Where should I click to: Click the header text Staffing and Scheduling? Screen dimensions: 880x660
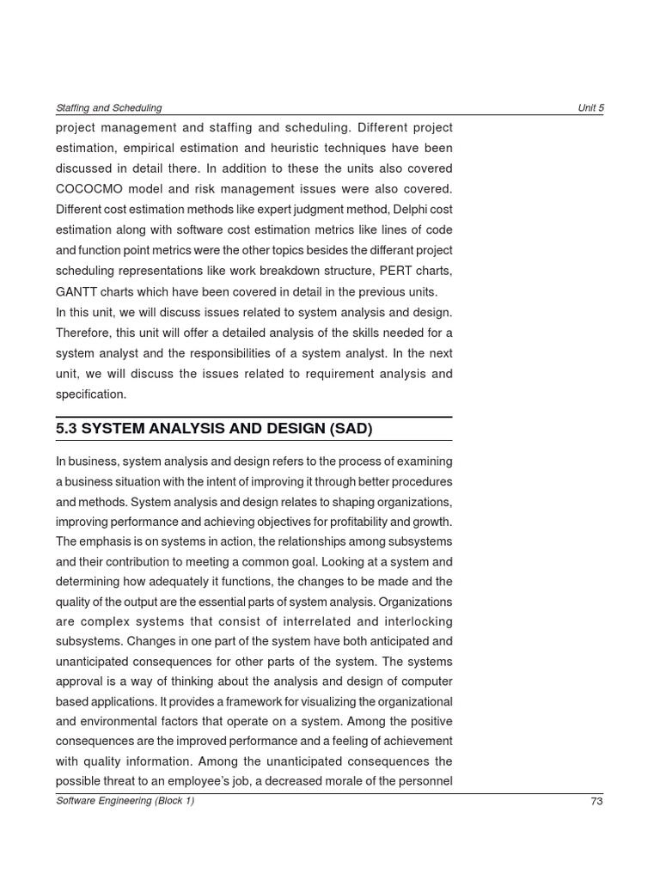tap(108, 108)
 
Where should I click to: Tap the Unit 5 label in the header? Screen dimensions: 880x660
tap(590, 108)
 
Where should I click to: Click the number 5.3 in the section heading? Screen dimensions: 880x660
tap(67, 429)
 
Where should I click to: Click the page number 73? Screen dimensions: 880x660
tap(596, 801)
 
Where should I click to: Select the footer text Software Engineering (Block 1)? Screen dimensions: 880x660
tap(125, 801)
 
